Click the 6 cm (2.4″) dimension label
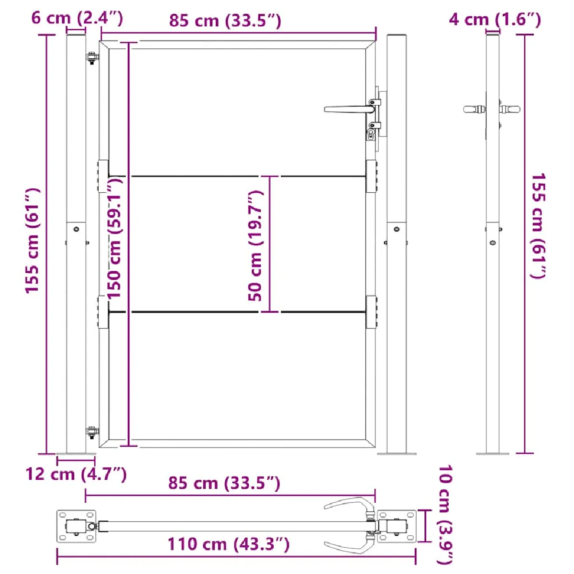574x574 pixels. (x=77, y=18)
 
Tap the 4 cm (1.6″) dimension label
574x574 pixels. (x=495, y=20)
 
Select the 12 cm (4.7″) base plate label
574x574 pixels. (x=76, y=474)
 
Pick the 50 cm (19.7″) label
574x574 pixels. (x=255, y=246)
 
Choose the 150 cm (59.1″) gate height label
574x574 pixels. (x=115, y=237)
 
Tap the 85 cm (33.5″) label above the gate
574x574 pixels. (x=225, y=21)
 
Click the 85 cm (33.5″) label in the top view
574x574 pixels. (x=224, y=492)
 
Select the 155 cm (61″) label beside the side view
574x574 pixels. (x=538, y=226)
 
